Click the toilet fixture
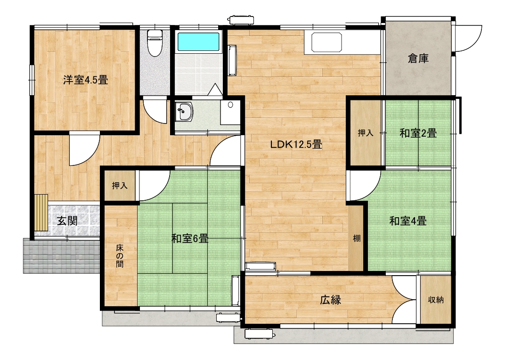pos(155,42)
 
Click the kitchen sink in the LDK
pos(326,42)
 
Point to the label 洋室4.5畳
pos(85,80)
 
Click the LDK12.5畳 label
pos(296,144)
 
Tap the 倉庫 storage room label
pos(418,58)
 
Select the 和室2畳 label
pos(418,133)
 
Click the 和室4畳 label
pos(408,221)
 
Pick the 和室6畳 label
pos(190,238)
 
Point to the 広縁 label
pos(330,300)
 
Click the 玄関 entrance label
pos(67,221)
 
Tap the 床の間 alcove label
pos(120,256)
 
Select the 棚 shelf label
pos(357,238)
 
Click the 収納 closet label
pos(436,300)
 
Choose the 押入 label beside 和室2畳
pos(366,132)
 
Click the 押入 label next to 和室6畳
pos(120,186)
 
